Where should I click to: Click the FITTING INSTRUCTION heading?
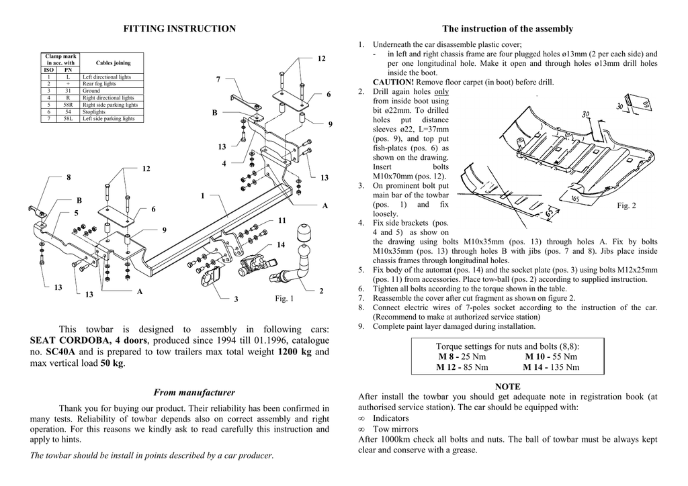[x=180, y=29]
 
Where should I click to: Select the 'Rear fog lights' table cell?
[x=99, y=84]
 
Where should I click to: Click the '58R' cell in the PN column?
[x=68, y=105]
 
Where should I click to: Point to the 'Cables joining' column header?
[x=113, y=63]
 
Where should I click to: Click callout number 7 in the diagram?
[x=218, y=80]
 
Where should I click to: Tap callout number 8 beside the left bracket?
[x=68, y=177]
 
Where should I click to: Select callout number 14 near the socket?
[x=282, y=244]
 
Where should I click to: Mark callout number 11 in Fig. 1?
[x=282, y=220]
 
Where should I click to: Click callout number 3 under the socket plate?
[x=236, y=299]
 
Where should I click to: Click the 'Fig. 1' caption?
[x=285, y=298]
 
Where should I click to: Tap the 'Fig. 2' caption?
[x=626, y=205]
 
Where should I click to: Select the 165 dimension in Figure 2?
[x=575, y=199]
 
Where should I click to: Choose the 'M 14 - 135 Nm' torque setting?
[x=550, y=367]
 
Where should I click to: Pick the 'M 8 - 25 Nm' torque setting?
[x=462, y=356]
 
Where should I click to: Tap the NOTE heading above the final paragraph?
[x=508, y=387]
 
